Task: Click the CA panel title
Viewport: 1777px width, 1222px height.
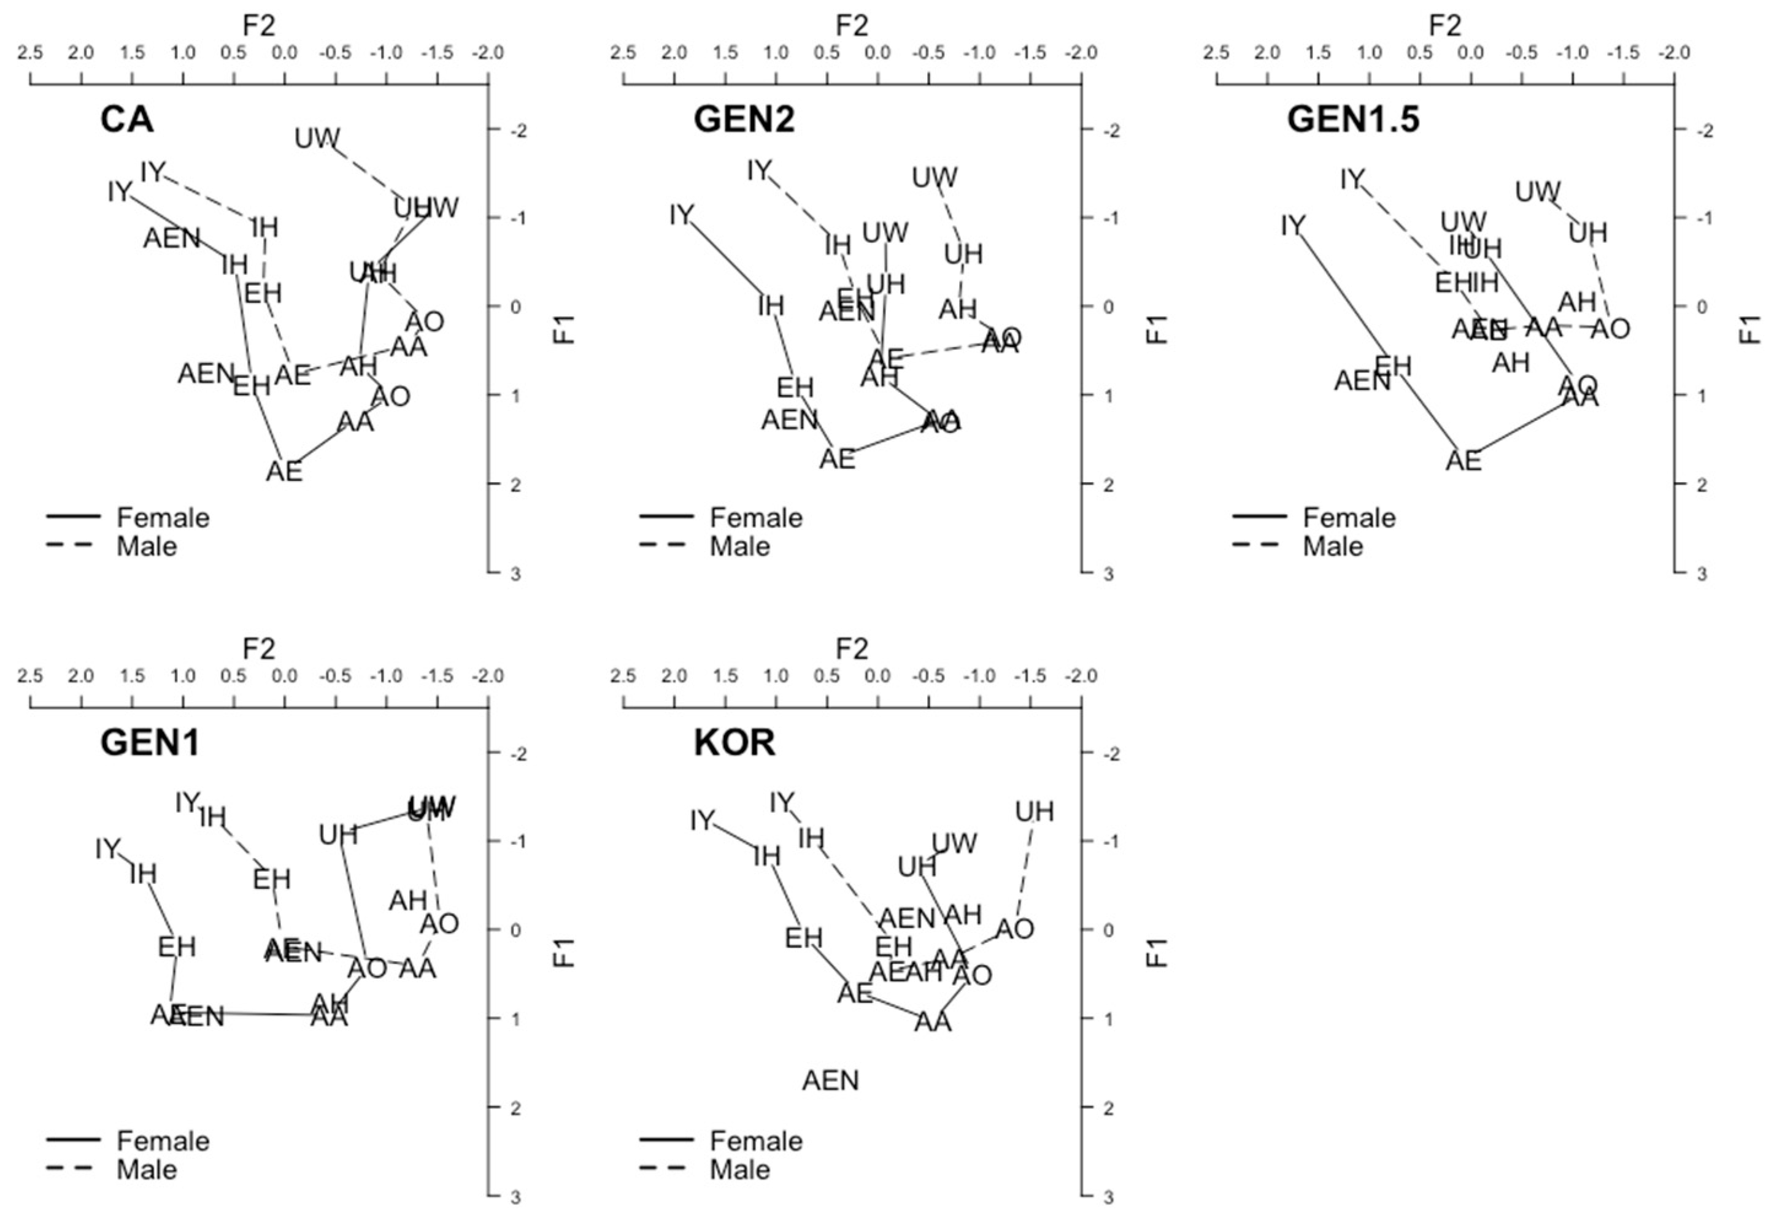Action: [x=126, y=120]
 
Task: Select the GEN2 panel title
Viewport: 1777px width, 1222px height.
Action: [x=744, y=120]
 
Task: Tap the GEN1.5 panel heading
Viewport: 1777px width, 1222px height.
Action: [x=1353, y=120]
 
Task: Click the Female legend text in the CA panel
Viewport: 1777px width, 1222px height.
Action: [x=163, y=518]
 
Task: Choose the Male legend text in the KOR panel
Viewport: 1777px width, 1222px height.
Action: [x=739, y=1170]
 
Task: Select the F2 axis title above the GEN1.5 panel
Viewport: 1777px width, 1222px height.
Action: [x=1444, y=25]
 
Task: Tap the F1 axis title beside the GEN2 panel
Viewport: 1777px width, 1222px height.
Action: [x=1158, y=329]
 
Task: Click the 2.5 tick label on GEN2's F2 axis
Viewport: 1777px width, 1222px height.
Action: [x=623, y=53]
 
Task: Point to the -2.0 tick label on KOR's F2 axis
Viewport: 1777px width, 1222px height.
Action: [x=1081, y=676]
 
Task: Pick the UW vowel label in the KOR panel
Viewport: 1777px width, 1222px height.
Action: [x=954, y=843]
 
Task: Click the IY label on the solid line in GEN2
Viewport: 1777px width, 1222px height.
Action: [x=681, y=215]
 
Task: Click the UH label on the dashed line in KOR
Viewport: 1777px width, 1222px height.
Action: [x=1035, y=811]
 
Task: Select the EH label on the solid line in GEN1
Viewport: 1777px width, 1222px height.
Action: [x=177, y=947]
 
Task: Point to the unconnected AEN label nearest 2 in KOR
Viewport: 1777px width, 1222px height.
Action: [x=831, y=1080]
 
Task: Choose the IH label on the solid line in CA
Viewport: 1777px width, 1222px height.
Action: [x=234, y=264]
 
